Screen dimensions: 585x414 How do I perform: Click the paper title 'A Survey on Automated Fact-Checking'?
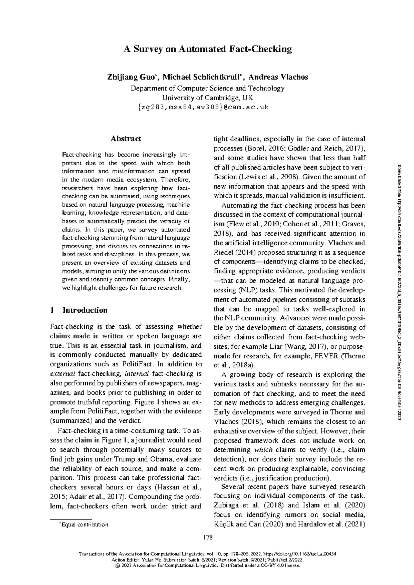point(208,49)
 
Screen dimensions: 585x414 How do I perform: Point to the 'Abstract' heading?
point(126,139)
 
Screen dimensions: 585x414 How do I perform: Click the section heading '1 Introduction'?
point(79,310)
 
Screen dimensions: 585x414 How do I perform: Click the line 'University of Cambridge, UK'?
point(207,98)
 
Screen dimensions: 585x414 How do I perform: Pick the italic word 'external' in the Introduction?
point(63,374)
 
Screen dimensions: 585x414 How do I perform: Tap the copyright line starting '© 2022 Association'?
point(207,566)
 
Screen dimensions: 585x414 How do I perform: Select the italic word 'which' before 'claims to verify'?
point(264,450)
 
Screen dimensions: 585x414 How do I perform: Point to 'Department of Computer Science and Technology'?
point(207,88)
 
